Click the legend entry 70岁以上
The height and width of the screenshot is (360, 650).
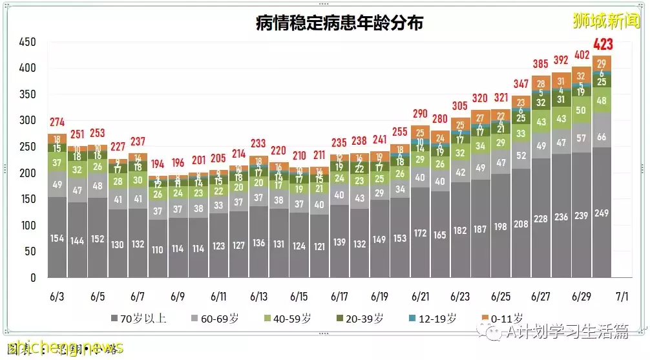coord(138,318)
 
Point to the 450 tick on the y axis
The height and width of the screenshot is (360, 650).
coord(27,43)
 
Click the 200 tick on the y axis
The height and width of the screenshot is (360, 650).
coord(27,173)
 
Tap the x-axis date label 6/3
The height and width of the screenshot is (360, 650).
coord(57,297)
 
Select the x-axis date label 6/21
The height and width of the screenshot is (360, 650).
coord(420,297)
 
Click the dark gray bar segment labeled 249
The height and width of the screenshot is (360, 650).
coord(602,213)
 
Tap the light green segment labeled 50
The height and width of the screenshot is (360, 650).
coord(582,111)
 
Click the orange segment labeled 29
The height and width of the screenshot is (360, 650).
coord(602,63)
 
